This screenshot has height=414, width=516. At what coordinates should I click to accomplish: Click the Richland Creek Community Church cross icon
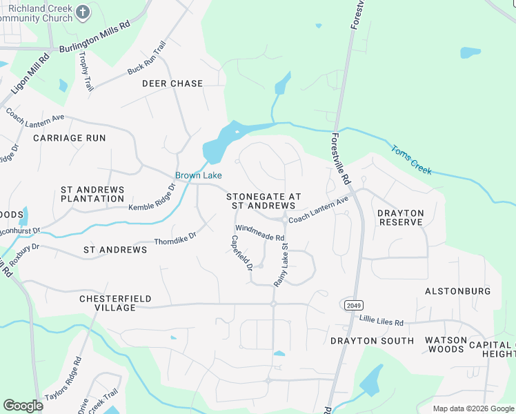[x=83, y=12]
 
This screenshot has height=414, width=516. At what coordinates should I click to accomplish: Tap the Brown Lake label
[x=197, y=175]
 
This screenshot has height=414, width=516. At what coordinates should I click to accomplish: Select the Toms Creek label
[x=411, y=159]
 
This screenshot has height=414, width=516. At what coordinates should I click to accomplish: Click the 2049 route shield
[x=352, y=304]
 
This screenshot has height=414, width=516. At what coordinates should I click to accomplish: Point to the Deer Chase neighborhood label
[x=172, y=83]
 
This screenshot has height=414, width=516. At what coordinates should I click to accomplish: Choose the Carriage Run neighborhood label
[x=70, y=138]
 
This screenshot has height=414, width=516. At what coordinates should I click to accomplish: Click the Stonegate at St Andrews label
[x=264, y=201]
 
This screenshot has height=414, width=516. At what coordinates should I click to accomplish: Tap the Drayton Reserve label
[x=400, y=217]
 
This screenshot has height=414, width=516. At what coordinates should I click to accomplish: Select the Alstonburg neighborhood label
[x=457, y=291]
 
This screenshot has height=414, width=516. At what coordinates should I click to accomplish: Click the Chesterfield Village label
[x=108, y=303]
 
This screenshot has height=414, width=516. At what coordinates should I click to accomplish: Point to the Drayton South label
[x=372, y=341]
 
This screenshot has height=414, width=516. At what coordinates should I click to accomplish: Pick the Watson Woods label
[x=445, y=344]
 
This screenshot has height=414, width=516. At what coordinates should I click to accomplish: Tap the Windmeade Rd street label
[x=259, y=233]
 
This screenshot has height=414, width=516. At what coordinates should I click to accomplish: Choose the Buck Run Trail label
[x=147, y=59]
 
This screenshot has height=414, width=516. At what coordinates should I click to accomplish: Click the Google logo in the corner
[x=23, y=406]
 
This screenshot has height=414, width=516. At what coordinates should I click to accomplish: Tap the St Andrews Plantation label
[x=92, y=194]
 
